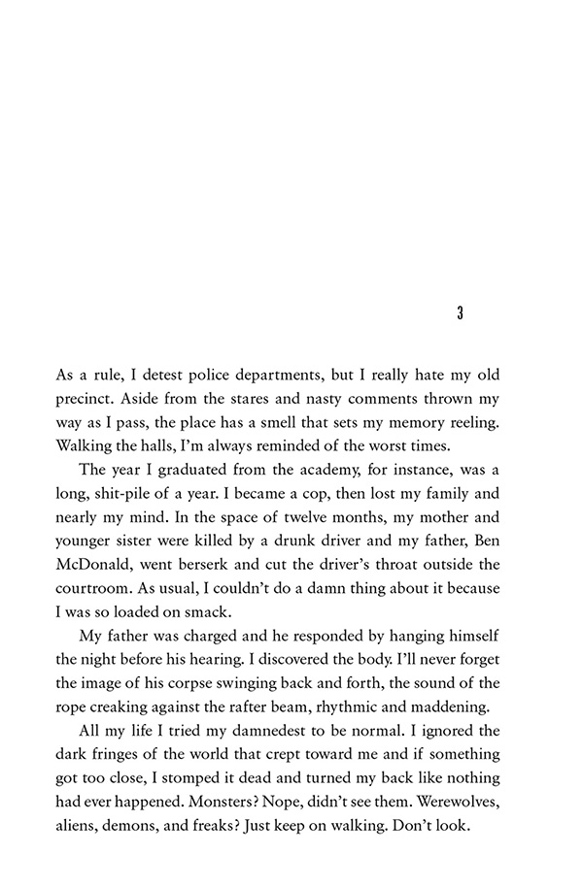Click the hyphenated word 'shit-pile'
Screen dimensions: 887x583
tap(137, 493)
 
